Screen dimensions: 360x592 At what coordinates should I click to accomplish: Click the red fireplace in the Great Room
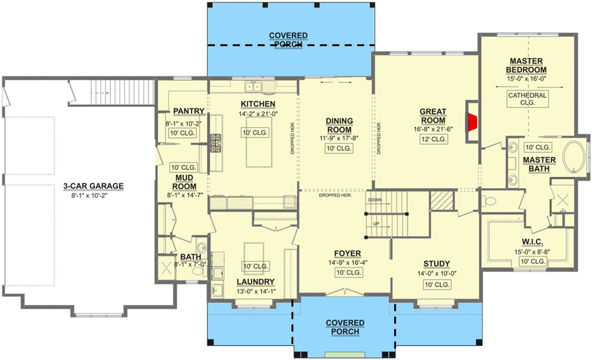(x=472, y=122)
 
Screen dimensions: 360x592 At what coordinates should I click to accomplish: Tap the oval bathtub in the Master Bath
(x=574, y=158)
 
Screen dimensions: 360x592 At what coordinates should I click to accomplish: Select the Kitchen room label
(x=258, y=104)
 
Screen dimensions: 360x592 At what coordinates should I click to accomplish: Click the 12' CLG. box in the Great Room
(x=433, y=139)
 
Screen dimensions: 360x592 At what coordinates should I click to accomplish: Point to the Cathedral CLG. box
(x=527, y=99)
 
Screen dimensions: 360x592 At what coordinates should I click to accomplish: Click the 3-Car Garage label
(x=93, y=186)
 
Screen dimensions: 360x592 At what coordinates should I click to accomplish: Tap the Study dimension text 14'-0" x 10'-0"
(x=437, y=273)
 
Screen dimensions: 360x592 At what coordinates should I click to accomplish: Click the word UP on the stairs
(x=376, y=224)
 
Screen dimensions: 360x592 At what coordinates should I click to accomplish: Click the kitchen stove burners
(x=216, y=143)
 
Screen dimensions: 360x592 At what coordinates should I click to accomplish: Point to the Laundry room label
(x=256, y=281)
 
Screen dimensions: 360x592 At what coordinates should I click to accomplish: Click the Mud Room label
(x=184, y=182)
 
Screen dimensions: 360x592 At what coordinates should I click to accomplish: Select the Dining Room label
(x=339, y=125)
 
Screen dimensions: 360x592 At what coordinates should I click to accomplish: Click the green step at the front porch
(x=341, y=355)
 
